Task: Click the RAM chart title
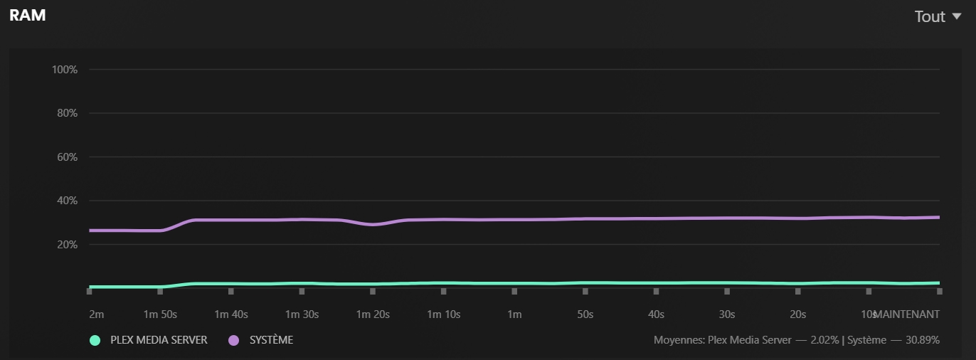click(28, 15)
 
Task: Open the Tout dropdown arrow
click(956, 16)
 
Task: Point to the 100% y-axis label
click(65, 70)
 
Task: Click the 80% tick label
click(67, 113)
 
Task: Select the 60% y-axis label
click(67, 157)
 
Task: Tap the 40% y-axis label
click(67, 201)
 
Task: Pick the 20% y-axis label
click(67, 245)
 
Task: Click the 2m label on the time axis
click(96, 314)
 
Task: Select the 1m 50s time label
click(160, 314)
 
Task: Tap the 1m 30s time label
click(302, 314)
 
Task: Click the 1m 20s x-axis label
click(373, 314)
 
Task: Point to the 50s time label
click(585, 314)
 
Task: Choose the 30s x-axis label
click(727, 314)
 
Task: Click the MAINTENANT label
click(907, 314)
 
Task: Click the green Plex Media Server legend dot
click(95, 340)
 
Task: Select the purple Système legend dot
click(233, 340)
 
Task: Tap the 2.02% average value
click(824, 340)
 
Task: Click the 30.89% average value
click(923, 340)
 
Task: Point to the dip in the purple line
click(373, 224)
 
